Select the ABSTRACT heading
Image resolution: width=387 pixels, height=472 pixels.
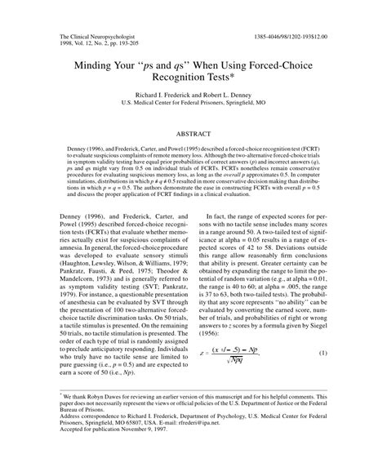click(193, 141)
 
